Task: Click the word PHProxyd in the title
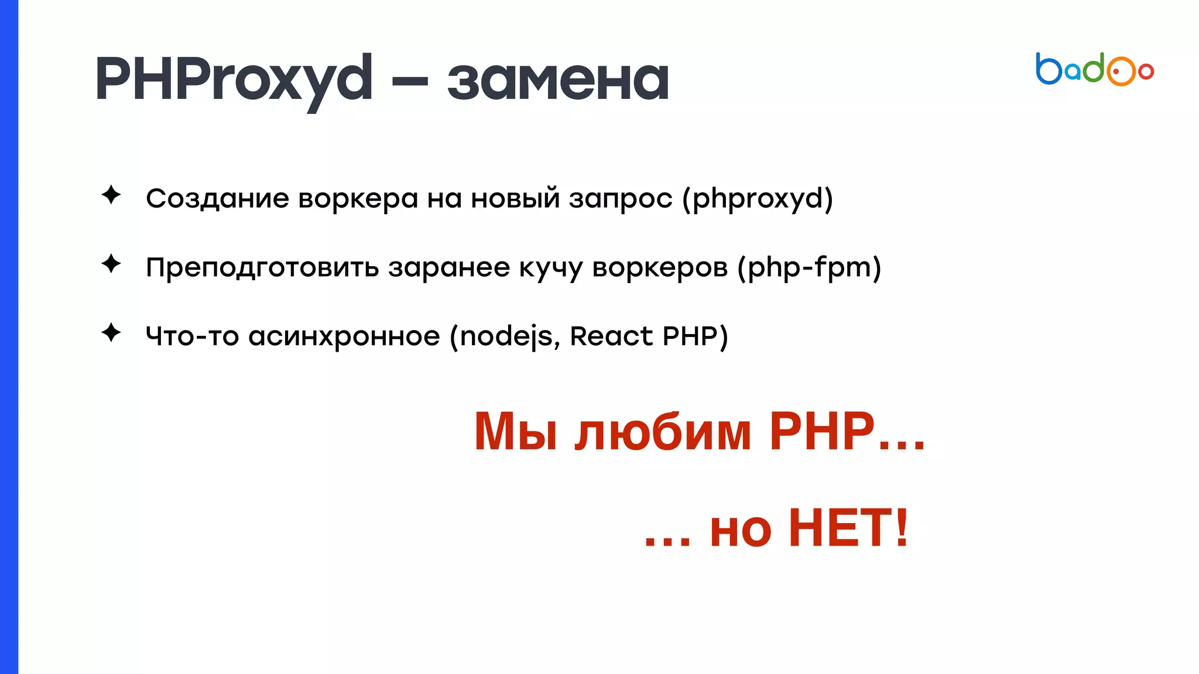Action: click(234, 79)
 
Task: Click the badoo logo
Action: click(1094, 70)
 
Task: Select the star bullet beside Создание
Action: click(111, 195)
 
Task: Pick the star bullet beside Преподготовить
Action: click(111, 264)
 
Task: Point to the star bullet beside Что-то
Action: click(111, 333)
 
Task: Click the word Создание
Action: click(217, 198)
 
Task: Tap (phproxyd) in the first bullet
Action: click(758, 200)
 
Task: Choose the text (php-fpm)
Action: click(809, 267)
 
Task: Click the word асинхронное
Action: click(344, 336)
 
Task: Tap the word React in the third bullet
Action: click(611, 336)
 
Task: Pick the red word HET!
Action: click(849, 528)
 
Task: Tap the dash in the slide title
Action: click(410, 81)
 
